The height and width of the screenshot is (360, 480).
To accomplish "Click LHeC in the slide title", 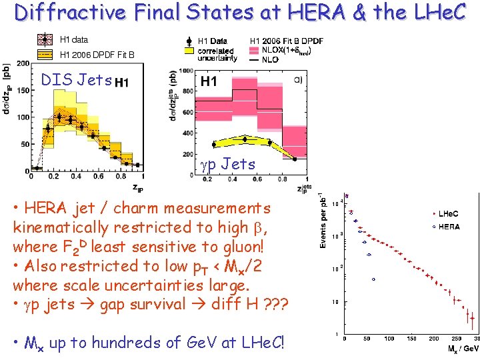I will click(443, 12).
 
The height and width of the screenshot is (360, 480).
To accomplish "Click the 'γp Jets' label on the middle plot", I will click(228, 163).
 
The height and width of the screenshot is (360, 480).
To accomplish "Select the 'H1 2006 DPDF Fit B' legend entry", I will click(97, 54).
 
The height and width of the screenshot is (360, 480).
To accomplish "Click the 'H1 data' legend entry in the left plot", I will click(73, 39).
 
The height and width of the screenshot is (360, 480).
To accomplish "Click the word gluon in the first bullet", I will click(243, 247).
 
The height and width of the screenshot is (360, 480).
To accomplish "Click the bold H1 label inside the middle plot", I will click(209, 81).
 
